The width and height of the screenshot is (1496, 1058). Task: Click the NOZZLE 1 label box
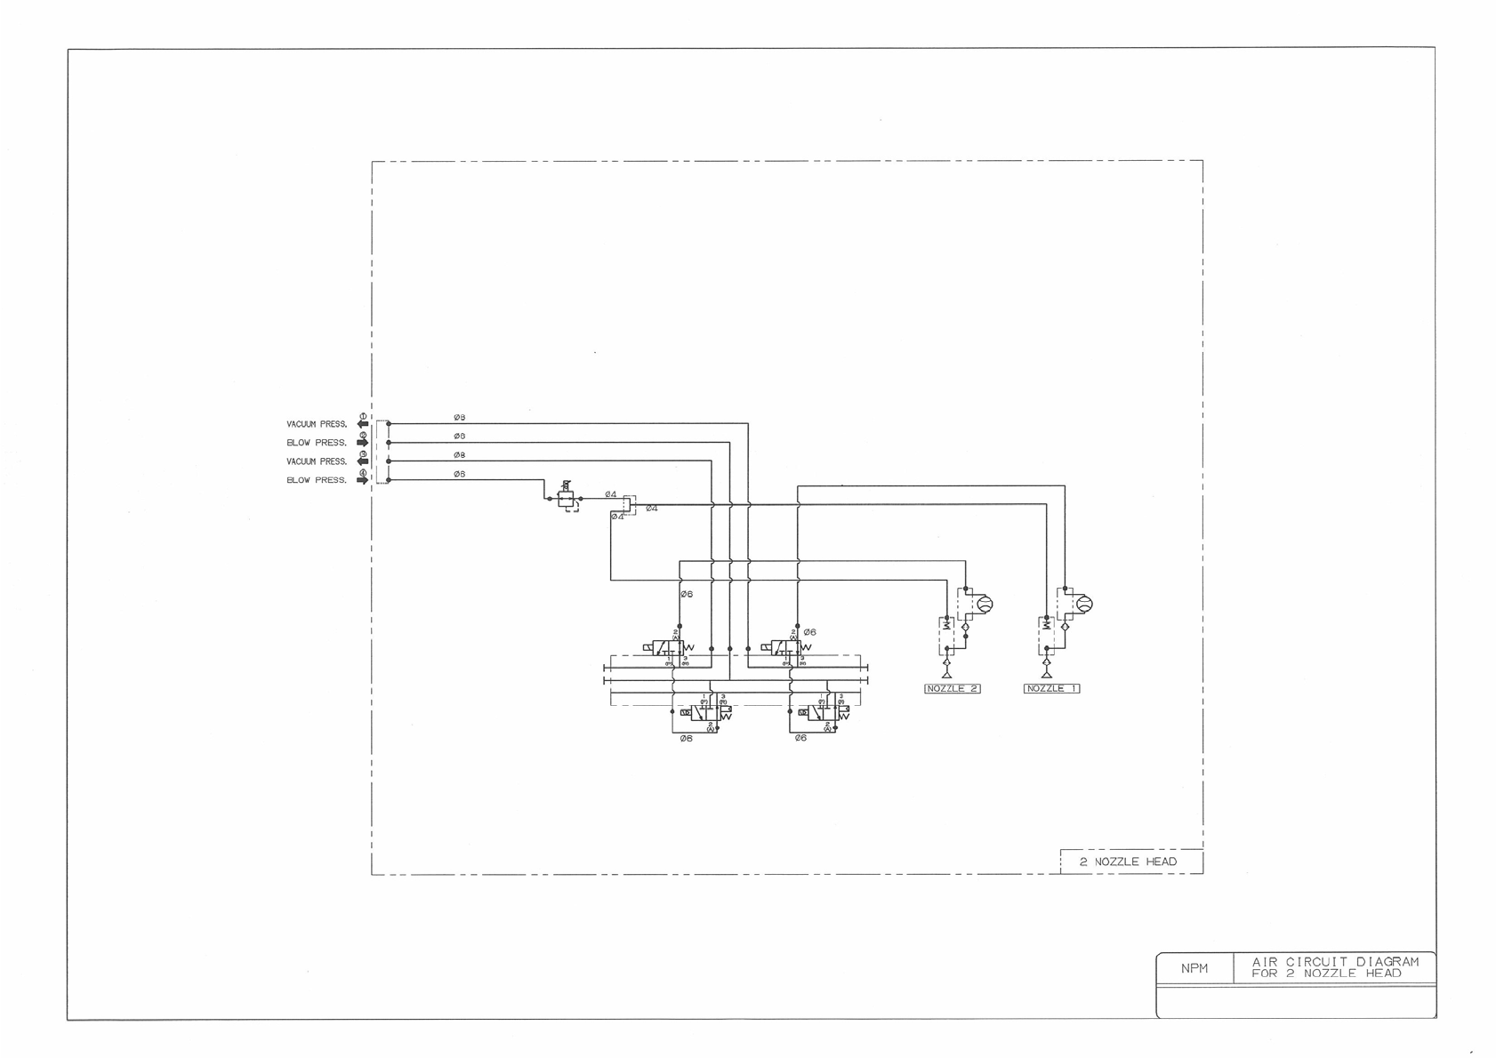[x=1051, y=688]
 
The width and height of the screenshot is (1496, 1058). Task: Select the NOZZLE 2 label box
[x=953, y=688]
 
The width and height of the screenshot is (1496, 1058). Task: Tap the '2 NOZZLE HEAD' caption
[x=1128, y=862]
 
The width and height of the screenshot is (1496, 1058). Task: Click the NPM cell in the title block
[x=1194, y=968]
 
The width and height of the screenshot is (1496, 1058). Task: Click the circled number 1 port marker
[x=363, y=416]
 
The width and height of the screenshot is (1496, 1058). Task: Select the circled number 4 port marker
[x=363, y=473]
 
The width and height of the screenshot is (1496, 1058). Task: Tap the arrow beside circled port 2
[x=362, y=443]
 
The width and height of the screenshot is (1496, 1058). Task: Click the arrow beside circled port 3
[x=362, y=461]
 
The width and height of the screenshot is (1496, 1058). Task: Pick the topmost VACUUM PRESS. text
[x=317, y=424]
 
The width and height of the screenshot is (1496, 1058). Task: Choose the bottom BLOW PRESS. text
[x=317, y=480]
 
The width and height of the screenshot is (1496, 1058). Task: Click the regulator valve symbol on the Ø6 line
[x=567, y=499]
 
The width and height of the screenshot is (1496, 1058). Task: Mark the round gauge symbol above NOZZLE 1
[x=1083, y=605]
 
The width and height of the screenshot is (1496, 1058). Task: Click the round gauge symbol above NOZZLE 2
[x=984, y=605]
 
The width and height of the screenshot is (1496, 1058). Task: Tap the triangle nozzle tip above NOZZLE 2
[x=946, y=674]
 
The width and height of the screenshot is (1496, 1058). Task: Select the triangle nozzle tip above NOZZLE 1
[x=1046, y=674]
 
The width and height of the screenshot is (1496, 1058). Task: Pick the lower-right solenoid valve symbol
[x=823, y=712]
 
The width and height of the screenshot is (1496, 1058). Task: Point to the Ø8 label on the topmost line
[x=459, y=417]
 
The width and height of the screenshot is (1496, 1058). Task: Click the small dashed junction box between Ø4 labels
[x=628, y=505]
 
